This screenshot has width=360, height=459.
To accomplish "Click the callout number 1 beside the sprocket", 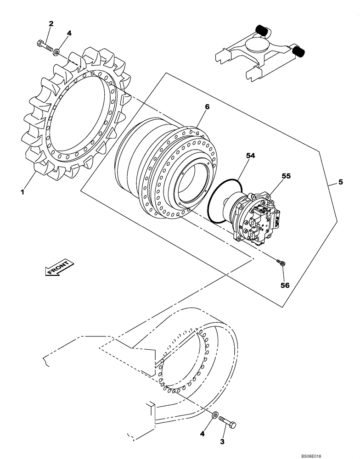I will pos(22,192).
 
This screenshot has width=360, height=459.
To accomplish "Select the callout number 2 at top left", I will pos(51,23).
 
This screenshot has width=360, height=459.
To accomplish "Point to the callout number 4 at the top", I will pos(69,33).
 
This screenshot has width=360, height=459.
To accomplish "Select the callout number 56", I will pos(285,285).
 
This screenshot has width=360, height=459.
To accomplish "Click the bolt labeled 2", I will pos(44,46).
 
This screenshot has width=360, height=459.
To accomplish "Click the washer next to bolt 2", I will pos(56,52).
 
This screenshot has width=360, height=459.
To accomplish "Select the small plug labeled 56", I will pos(281,263).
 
